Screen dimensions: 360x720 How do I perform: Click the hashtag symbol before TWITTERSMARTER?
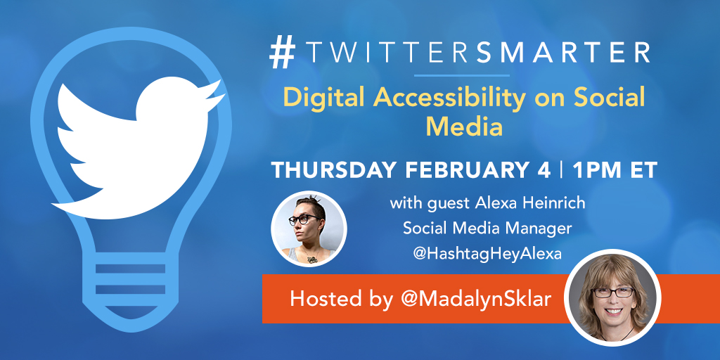(x=282, y=53)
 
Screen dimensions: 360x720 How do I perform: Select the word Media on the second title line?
(x=464, y=127)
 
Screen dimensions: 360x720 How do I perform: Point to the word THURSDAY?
(x=330, y=172)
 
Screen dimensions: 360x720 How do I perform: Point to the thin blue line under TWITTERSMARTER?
(x=461, y=75)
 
